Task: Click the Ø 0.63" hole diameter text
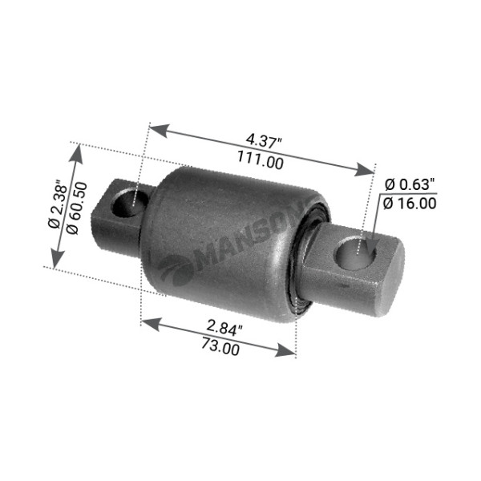point(410,185)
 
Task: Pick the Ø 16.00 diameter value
point(410,204)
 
